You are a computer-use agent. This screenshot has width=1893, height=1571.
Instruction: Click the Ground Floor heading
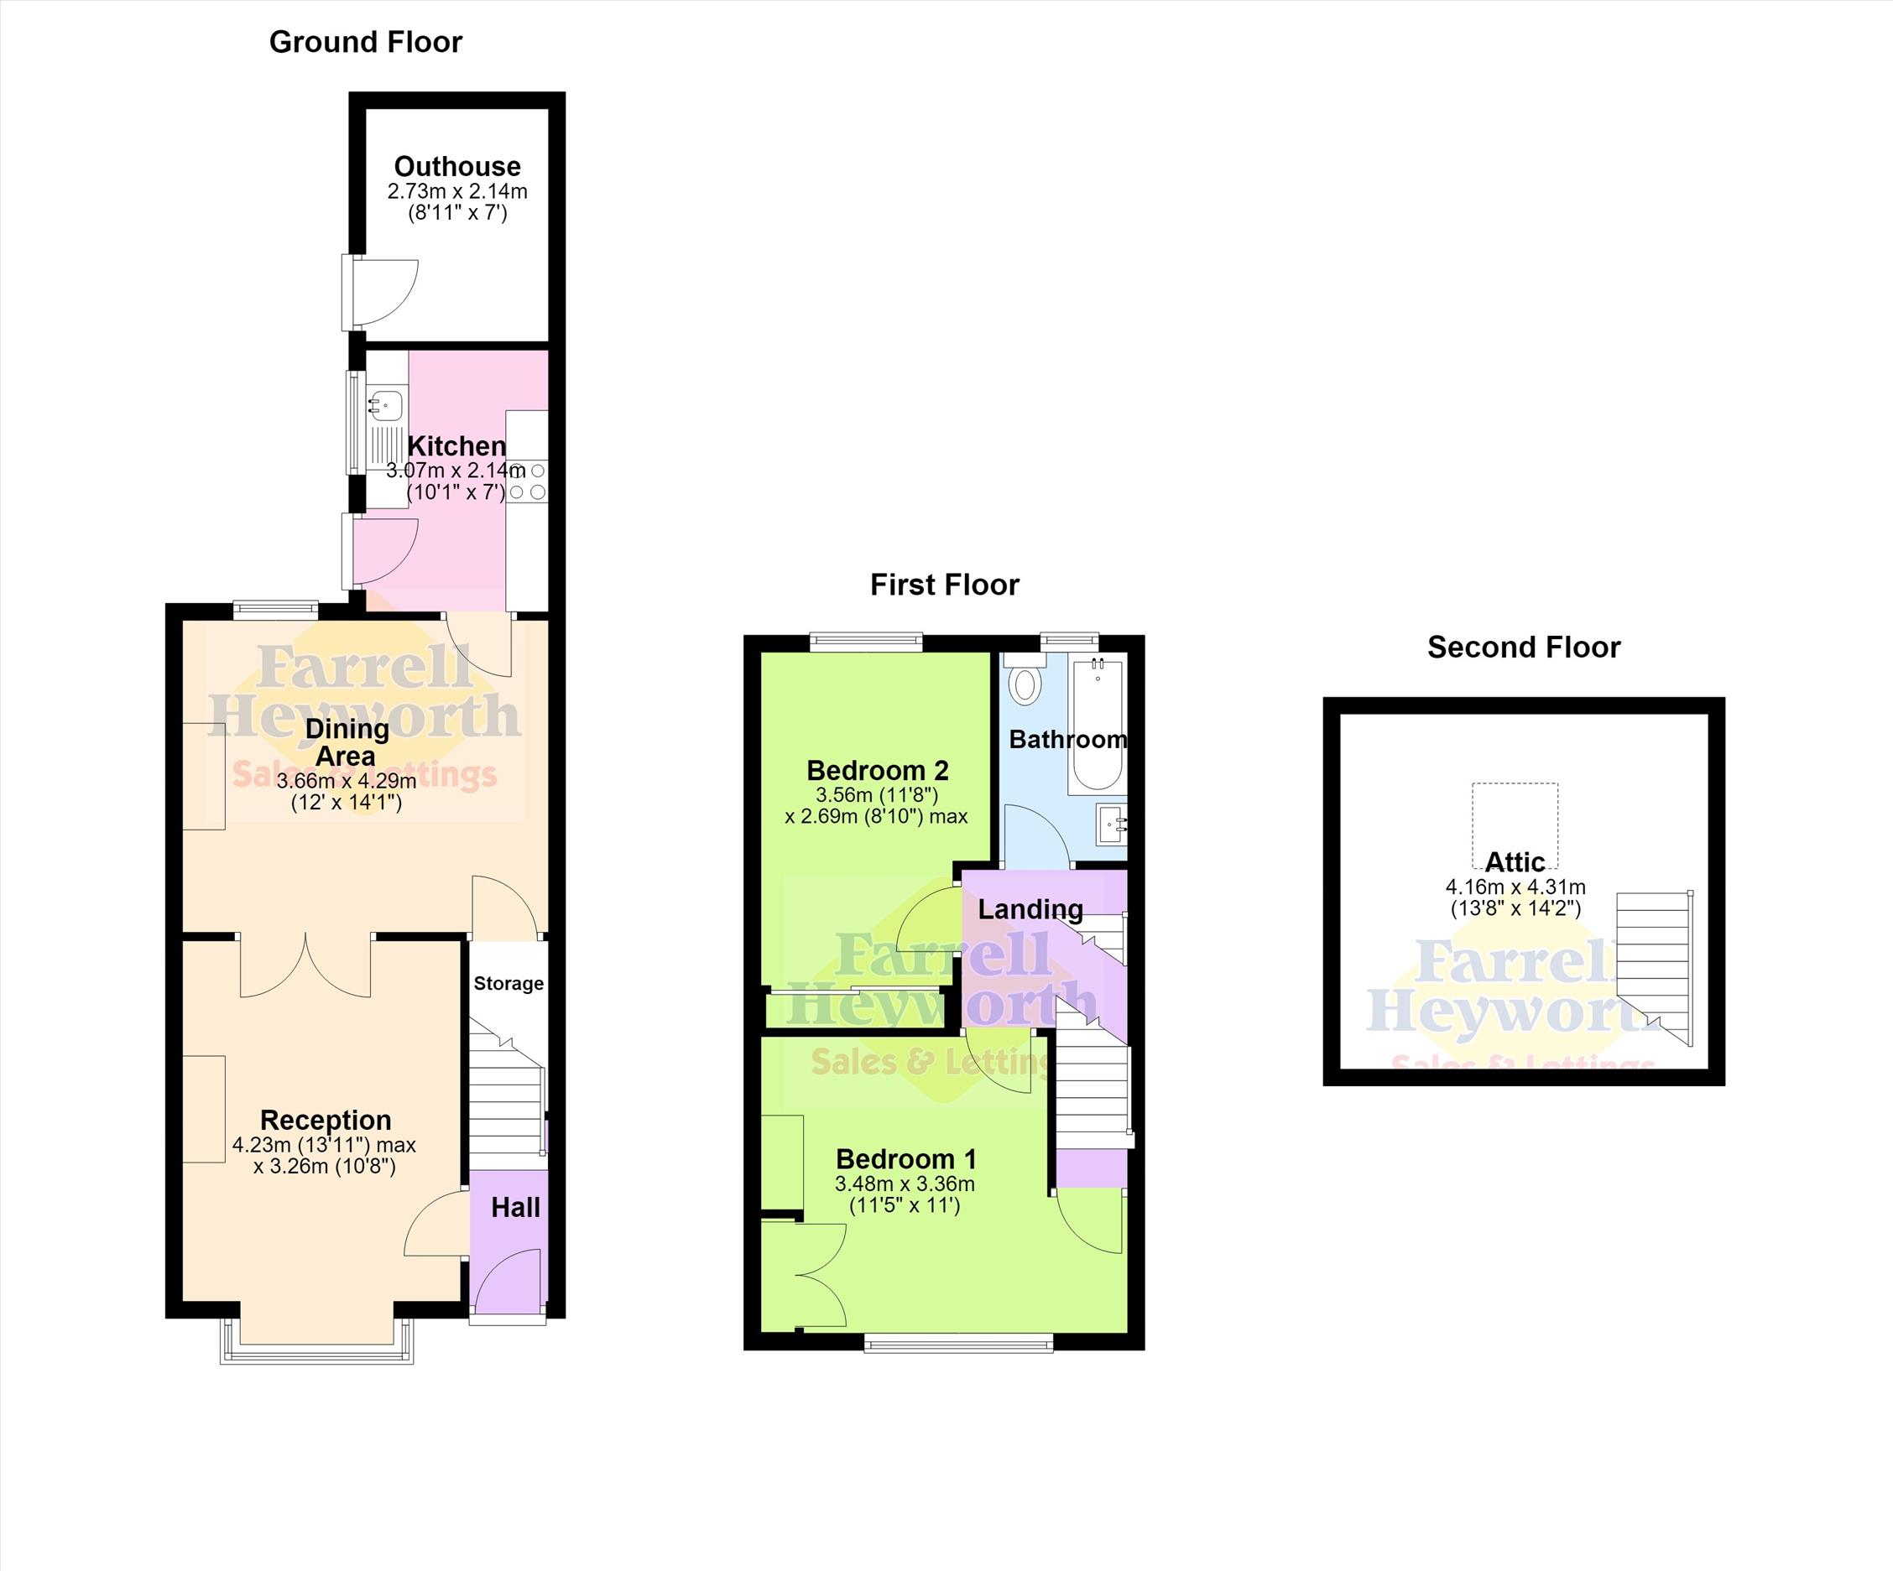pyautogui.click(x=365, y=43)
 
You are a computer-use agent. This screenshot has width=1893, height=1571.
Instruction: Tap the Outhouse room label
pyautogui.click(x=457, y=167)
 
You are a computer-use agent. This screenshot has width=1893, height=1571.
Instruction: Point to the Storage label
pyautogui.click(x=508, y=983)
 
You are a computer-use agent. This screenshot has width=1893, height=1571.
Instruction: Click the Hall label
pyautogui.click(x=515, y=1208)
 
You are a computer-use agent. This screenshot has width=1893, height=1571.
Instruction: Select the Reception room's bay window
pyautogui.click(x=317, y=1340)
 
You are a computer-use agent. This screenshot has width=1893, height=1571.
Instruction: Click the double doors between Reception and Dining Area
pyautogui.click(x=305, y=965)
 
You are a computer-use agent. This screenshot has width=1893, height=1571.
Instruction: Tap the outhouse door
pyautogui.click(x=383, y=292)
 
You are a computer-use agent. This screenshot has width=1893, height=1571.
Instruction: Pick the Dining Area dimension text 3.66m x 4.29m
pyautogui.click(x=347, y=781)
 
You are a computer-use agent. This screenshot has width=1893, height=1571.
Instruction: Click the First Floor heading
pyautogui.click(x=945, y=585)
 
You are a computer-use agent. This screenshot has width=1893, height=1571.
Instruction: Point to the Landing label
pyautogui.click(x=1030, y=909)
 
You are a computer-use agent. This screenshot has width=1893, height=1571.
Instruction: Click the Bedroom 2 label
pyautogui.click(x=877, y=771)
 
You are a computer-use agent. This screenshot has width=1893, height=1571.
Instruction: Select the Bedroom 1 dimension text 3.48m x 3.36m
pyautogui.click(x=905, y=1184)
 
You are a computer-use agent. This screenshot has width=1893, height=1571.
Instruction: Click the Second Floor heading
pyautogui.click(x=1525, y=648)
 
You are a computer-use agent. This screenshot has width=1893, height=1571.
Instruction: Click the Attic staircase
pyautogui.click(x=1654, y=968)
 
